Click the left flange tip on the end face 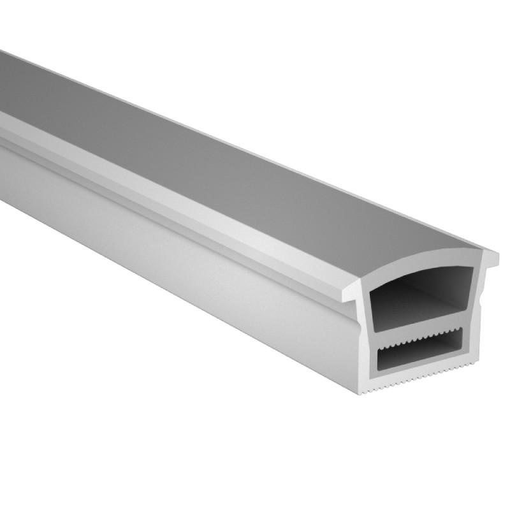pos(347,296)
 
